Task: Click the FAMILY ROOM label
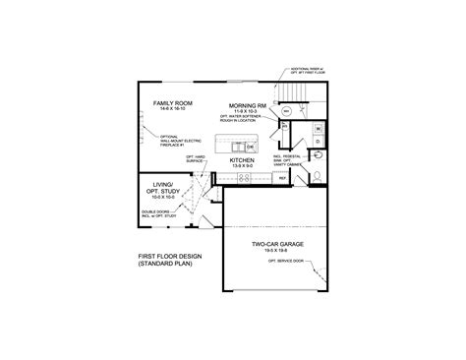click(x=170, y=103)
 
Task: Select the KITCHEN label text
click(x=243, y=159)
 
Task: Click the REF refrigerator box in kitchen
click(x=281, y=178)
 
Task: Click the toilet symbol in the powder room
click(x=319, y=156)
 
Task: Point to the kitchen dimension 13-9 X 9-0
click(x=243, y=167)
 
